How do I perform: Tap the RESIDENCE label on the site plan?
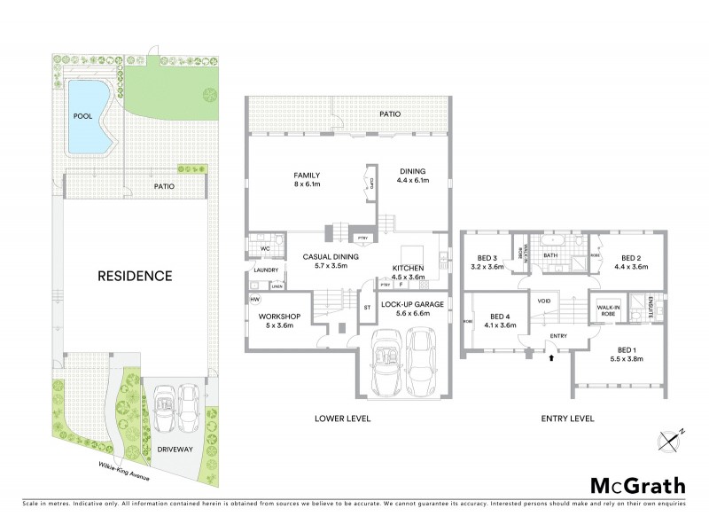pos(134,276)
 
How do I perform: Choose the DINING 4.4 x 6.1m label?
pos(412,176)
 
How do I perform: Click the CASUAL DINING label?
pos(331,261)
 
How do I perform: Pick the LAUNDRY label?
pos(266,270)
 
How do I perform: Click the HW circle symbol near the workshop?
pos(254,300)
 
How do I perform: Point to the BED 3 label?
pos(487,261)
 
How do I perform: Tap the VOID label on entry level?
pos(544,301)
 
